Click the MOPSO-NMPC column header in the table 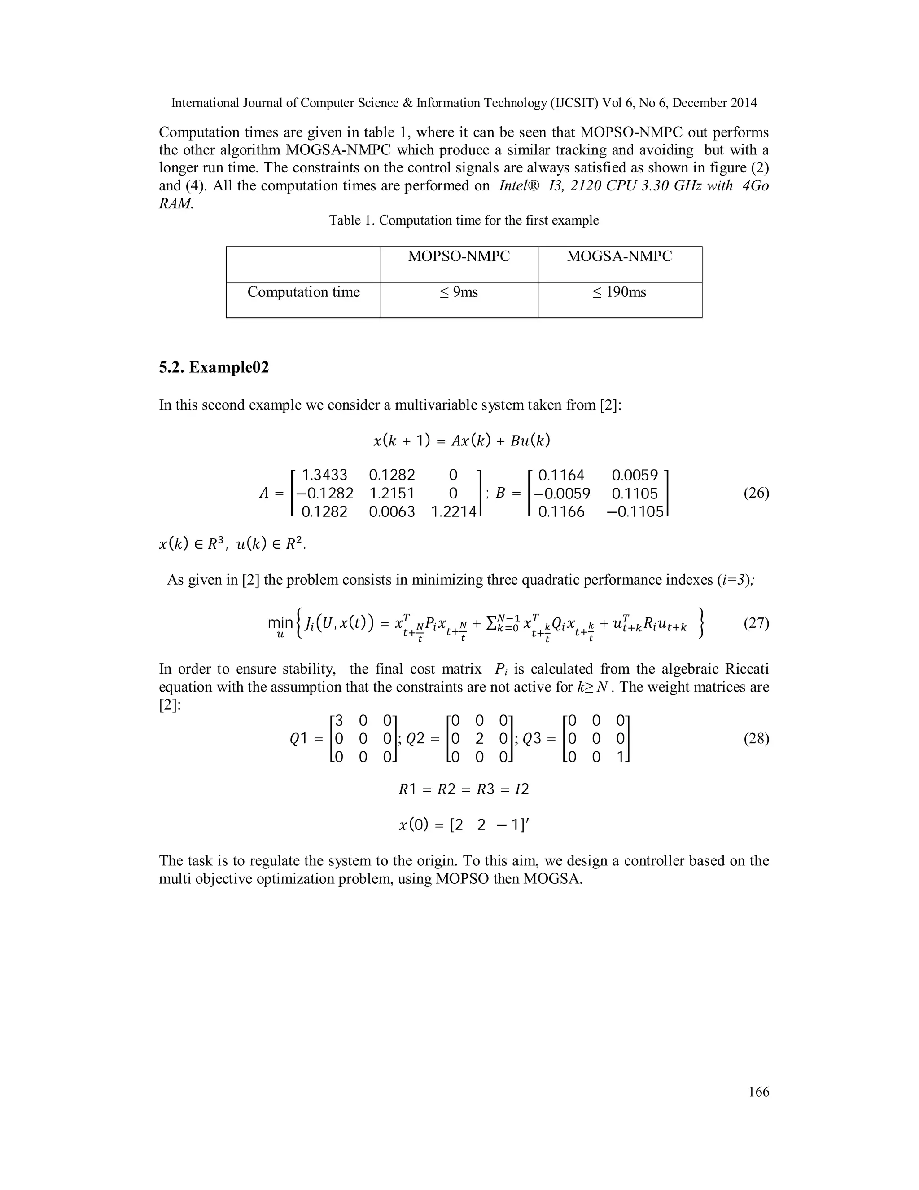tap(459, 256)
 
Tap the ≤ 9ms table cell tap(459, 293)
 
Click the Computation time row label tap(303, 293)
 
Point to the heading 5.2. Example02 tap(214, 368)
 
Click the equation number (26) tap(756, 494)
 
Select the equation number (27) tap(756, 623)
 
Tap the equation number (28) tap(756, 740)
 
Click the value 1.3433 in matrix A tap(324, 476)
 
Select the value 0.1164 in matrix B tap(561, 476)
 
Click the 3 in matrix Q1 tap(339, 722)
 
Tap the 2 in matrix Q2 tap(479, 740)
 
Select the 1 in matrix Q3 tap(620, 758)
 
